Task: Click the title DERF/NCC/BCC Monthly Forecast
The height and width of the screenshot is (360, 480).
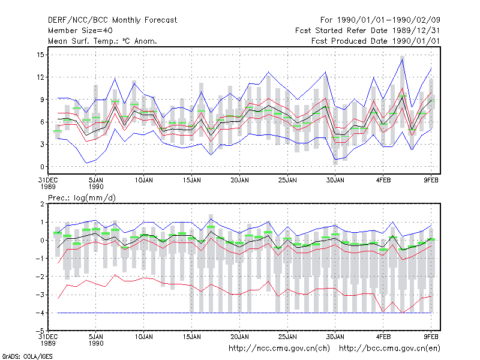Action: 112,20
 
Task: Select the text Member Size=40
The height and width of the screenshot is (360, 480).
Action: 80,31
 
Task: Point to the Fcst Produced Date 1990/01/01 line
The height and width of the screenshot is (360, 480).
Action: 376,41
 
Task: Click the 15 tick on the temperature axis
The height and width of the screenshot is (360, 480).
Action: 40,55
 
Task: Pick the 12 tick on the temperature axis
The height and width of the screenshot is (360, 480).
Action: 40,77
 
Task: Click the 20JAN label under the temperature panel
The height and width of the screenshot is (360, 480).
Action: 239,180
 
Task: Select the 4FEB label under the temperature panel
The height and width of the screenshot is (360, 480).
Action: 383,180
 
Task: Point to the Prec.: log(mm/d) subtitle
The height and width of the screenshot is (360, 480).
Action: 82,198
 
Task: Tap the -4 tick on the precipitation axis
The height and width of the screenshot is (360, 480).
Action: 39,313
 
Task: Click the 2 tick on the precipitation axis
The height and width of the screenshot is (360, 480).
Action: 42,204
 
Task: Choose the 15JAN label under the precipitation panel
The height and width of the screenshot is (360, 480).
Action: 191,337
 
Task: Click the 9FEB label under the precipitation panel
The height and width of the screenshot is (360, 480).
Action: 431,337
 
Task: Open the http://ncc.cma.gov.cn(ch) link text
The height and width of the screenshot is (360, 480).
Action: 279,349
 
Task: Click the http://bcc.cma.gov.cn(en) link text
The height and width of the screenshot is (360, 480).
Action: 389,349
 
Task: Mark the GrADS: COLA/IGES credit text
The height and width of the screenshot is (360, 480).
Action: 27,356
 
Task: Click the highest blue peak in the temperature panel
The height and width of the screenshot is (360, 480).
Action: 402,59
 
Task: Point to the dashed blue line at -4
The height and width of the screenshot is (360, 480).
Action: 244,313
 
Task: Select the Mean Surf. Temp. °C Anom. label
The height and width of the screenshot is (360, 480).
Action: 102,41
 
